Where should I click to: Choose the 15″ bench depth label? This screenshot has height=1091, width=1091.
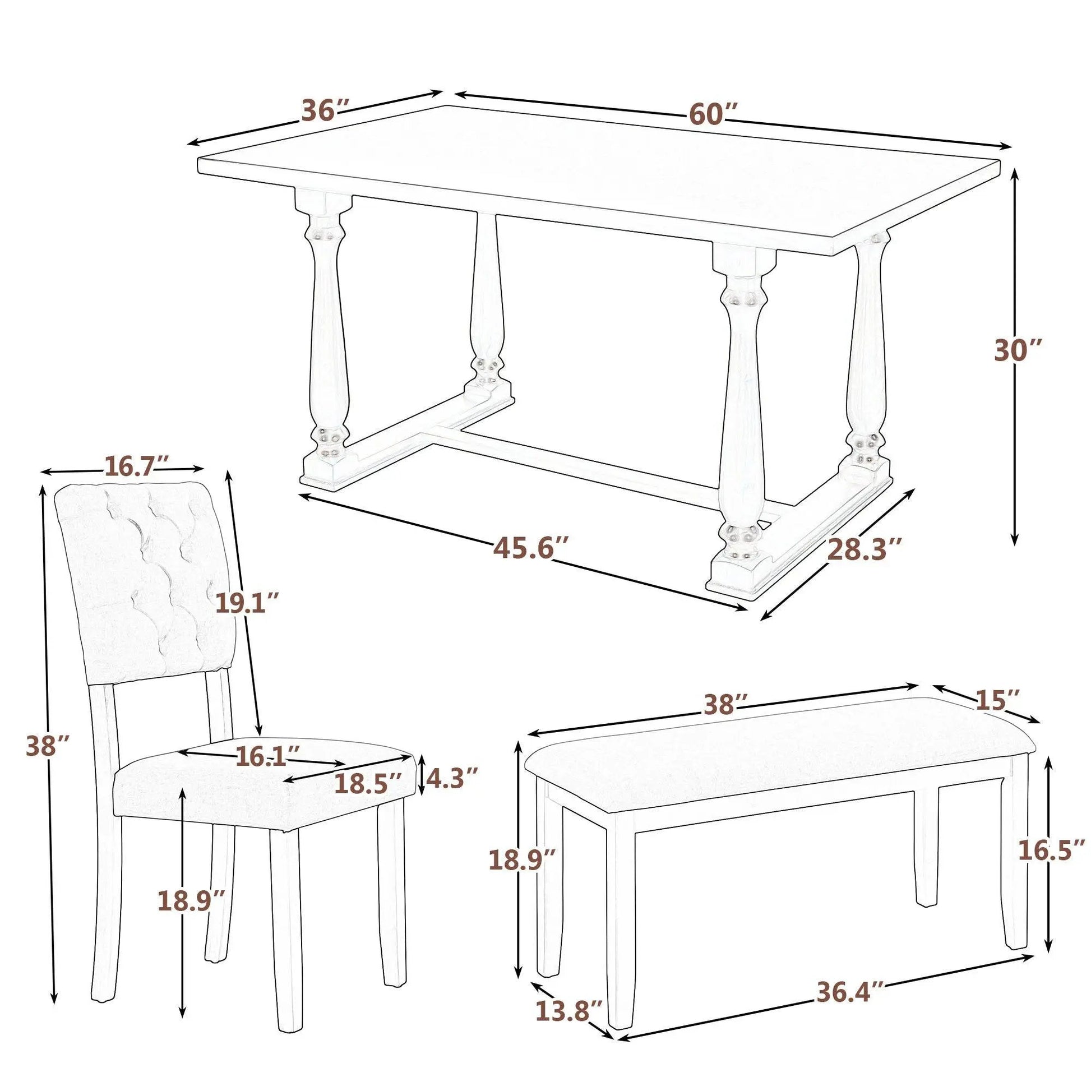[x=998, y=700]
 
